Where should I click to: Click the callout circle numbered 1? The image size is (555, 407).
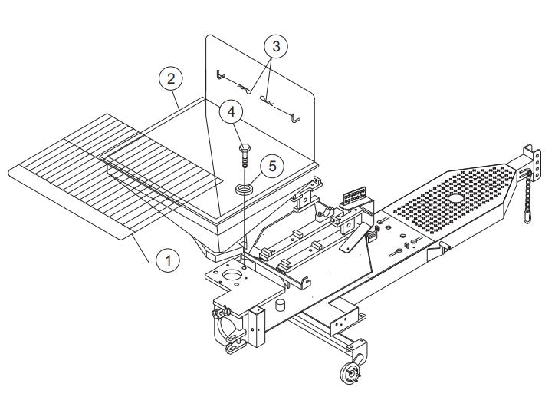(168, 260)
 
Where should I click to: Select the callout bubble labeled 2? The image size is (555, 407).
(171, 78)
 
